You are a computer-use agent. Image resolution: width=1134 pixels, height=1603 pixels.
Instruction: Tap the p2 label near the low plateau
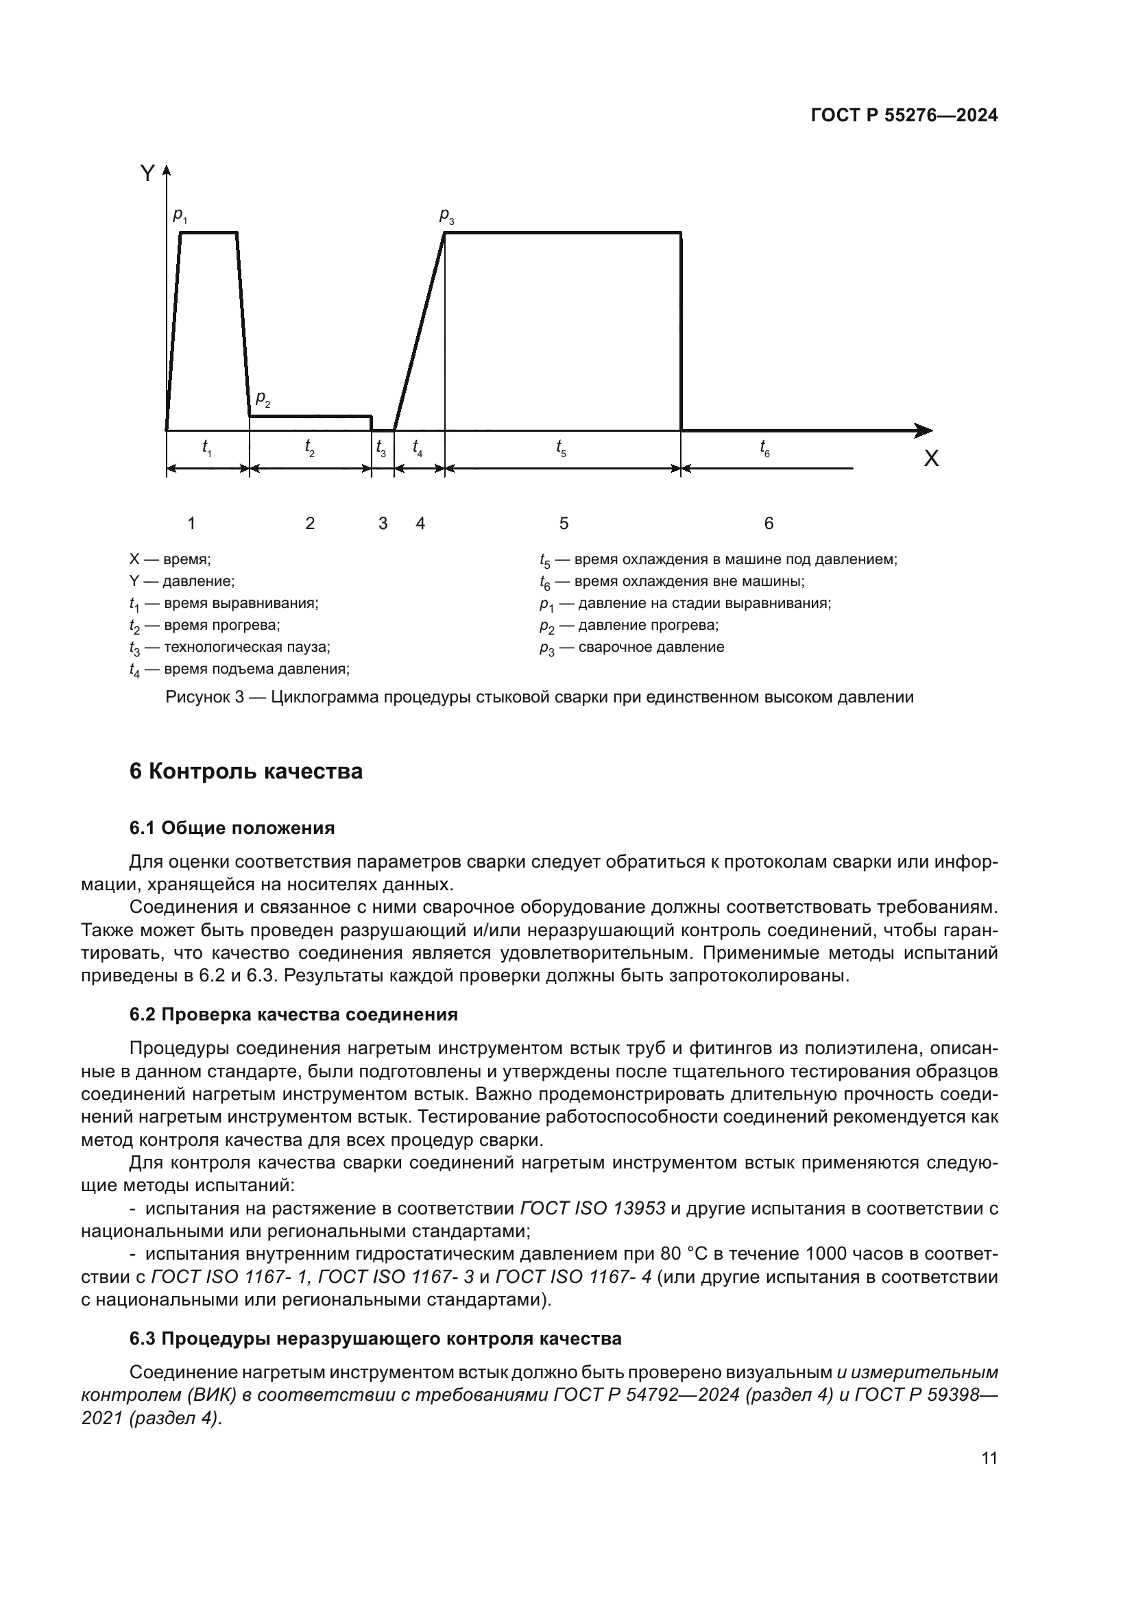(x=263, y=400)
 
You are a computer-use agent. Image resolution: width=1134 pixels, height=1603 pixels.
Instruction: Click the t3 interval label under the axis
(x=381, y=448)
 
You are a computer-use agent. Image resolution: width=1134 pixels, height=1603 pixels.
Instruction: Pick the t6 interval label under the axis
(x=765, y=448)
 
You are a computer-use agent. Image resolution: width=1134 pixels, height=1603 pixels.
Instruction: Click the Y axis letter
(x=147, y=174)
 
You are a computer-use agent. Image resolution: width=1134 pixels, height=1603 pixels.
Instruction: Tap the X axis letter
(x=931, y=459)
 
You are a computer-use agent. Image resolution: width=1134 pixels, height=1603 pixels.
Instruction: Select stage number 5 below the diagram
(x=564, y=524)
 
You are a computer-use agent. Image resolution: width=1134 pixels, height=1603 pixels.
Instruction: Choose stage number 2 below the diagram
(x=310, y=524)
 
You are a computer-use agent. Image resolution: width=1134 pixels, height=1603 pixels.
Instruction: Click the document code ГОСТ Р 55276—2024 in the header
(x=904, y=116)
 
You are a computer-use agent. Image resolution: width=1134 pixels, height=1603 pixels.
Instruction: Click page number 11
(x=989, y=1458)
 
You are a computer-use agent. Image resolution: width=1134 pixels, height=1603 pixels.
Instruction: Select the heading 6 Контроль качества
(x=246, y=772)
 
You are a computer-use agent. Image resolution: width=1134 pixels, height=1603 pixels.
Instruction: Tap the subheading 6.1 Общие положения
(x=232, y=829)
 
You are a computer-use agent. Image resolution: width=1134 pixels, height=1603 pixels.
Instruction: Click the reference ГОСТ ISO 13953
(x=593, y=1208)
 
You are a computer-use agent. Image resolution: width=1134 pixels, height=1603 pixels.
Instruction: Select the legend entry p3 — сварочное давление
(x=632, y=648)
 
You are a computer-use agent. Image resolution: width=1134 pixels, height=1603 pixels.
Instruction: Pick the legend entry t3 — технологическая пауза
(x=230, y=648)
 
